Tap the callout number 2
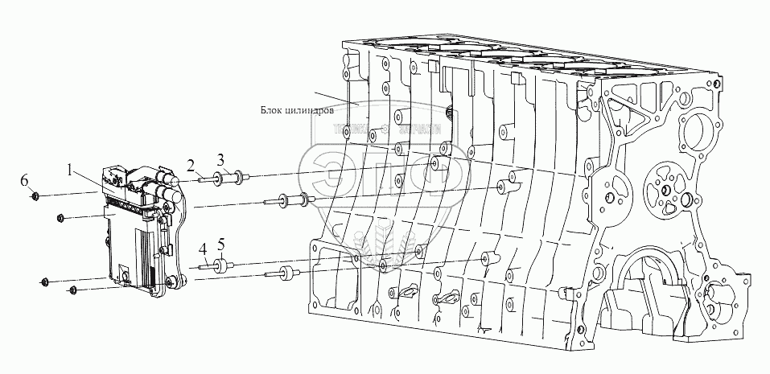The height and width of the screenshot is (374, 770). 191,165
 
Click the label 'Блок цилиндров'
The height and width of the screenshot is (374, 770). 294,112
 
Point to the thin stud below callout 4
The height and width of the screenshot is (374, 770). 206,266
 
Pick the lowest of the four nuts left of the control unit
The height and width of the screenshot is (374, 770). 72,289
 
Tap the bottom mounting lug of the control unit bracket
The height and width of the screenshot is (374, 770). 170,282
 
